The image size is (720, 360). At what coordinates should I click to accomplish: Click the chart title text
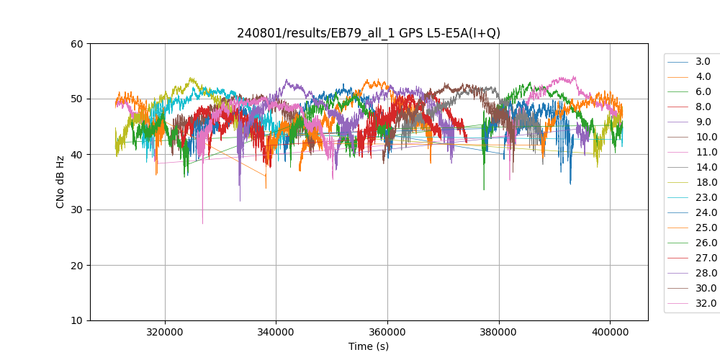tap(369, 33)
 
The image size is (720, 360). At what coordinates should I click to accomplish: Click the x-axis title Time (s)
tap(369, 346)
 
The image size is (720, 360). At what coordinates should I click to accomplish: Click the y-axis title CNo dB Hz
tap(60, 182)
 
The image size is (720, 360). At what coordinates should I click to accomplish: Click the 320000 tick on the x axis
tap(165, 333)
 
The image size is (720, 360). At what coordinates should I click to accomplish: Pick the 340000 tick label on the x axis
tap(276, 333)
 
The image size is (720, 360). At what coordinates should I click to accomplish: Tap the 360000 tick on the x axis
tap(387, 333)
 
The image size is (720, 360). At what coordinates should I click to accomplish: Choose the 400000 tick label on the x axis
tap(610, 333)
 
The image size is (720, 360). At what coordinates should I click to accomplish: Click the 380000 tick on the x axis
tap(499, 333)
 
